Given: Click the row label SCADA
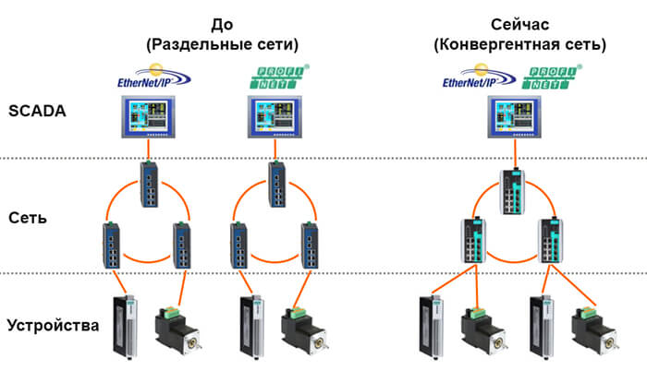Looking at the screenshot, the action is pos(37,111).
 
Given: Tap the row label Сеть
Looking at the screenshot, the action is pos(28,218).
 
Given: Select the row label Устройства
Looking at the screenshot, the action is pos(54,326).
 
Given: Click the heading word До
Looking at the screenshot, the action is pos(222,25).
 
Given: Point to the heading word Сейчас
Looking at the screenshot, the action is pos(519,25).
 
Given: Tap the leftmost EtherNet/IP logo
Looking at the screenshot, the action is pos(154,76).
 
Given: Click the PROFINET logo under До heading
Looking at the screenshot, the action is pos(279,77).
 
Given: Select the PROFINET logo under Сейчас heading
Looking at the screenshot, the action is pos(552,77).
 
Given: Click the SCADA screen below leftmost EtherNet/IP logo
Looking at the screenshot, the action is pos(148,117).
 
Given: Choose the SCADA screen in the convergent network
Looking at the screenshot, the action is pos(514,117).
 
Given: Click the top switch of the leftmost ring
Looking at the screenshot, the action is pos(149,185).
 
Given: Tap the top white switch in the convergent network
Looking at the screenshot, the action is pos(514,191).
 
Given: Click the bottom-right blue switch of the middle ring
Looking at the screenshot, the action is pos(310,245).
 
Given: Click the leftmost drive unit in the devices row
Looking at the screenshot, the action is pos(125,328).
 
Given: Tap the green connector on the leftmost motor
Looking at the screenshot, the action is pos(169,313).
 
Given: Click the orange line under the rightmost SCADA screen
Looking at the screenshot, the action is pos(515,153).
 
